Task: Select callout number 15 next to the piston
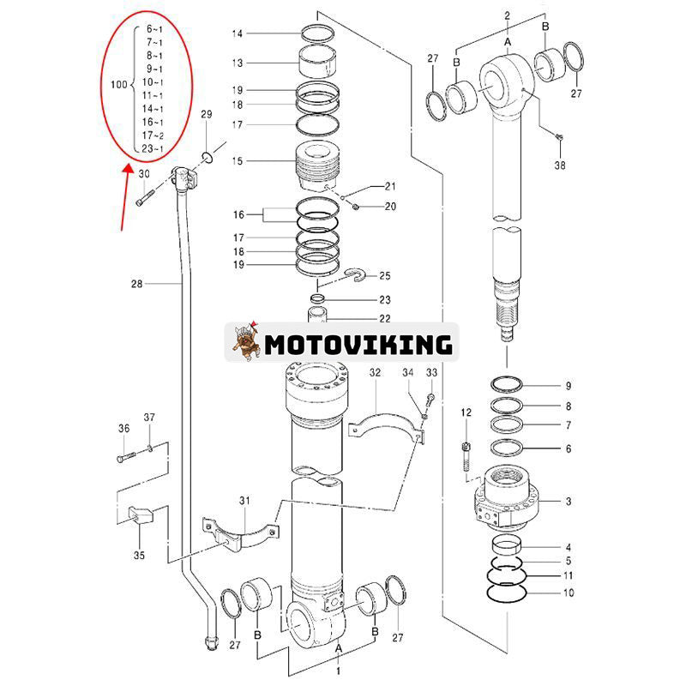click(x=238, y=161)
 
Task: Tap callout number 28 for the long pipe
click(x=139, y=283)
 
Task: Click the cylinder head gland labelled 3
click(x=506, y=498)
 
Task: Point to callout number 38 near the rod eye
click(x=560, y=165)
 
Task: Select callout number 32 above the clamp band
click(x=376, y=373)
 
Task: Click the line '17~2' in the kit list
click(x=154, y=135)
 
